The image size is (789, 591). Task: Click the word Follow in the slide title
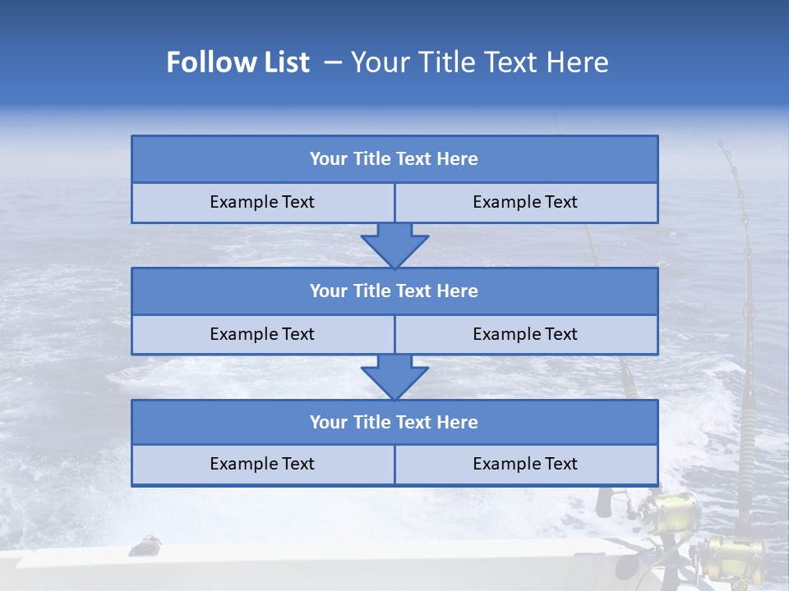pyautogui.click(x=202, y=62)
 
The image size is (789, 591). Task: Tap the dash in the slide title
pyautogui.click(x=333, y=62)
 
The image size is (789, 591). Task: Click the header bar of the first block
pyautogui.click(x=394, y=159)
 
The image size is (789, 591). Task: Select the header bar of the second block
pyautogui.click(x=394, y=291)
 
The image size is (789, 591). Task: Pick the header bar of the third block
pyautogui.click(x=394, y=423)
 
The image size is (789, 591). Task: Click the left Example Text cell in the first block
pyautogui.click(x=263, y=203)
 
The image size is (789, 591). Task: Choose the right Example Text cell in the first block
pyautogui.click(x=526, y=203)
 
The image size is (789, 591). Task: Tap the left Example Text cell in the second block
pyautogui.click(x=263, y=335)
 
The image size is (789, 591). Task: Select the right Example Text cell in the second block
pyautogui.click(x=526, y=335)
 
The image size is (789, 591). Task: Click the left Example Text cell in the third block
pyautogui.click(x=263, y=465)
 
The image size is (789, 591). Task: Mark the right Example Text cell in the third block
pyautogui.click(x=526, y=465)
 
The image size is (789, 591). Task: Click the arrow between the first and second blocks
pyautogui.click(x=394, y=245)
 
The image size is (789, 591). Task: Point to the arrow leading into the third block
pyautogui.click(x=394, y=378)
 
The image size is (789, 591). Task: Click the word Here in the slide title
pyautogui.click(x=580, y=62)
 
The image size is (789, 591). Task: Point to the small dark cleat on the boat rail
pyautogui.click(x=145, y=543)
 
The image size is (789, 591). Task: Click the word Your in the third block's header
pyautogui.click(x=329, y=423)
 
